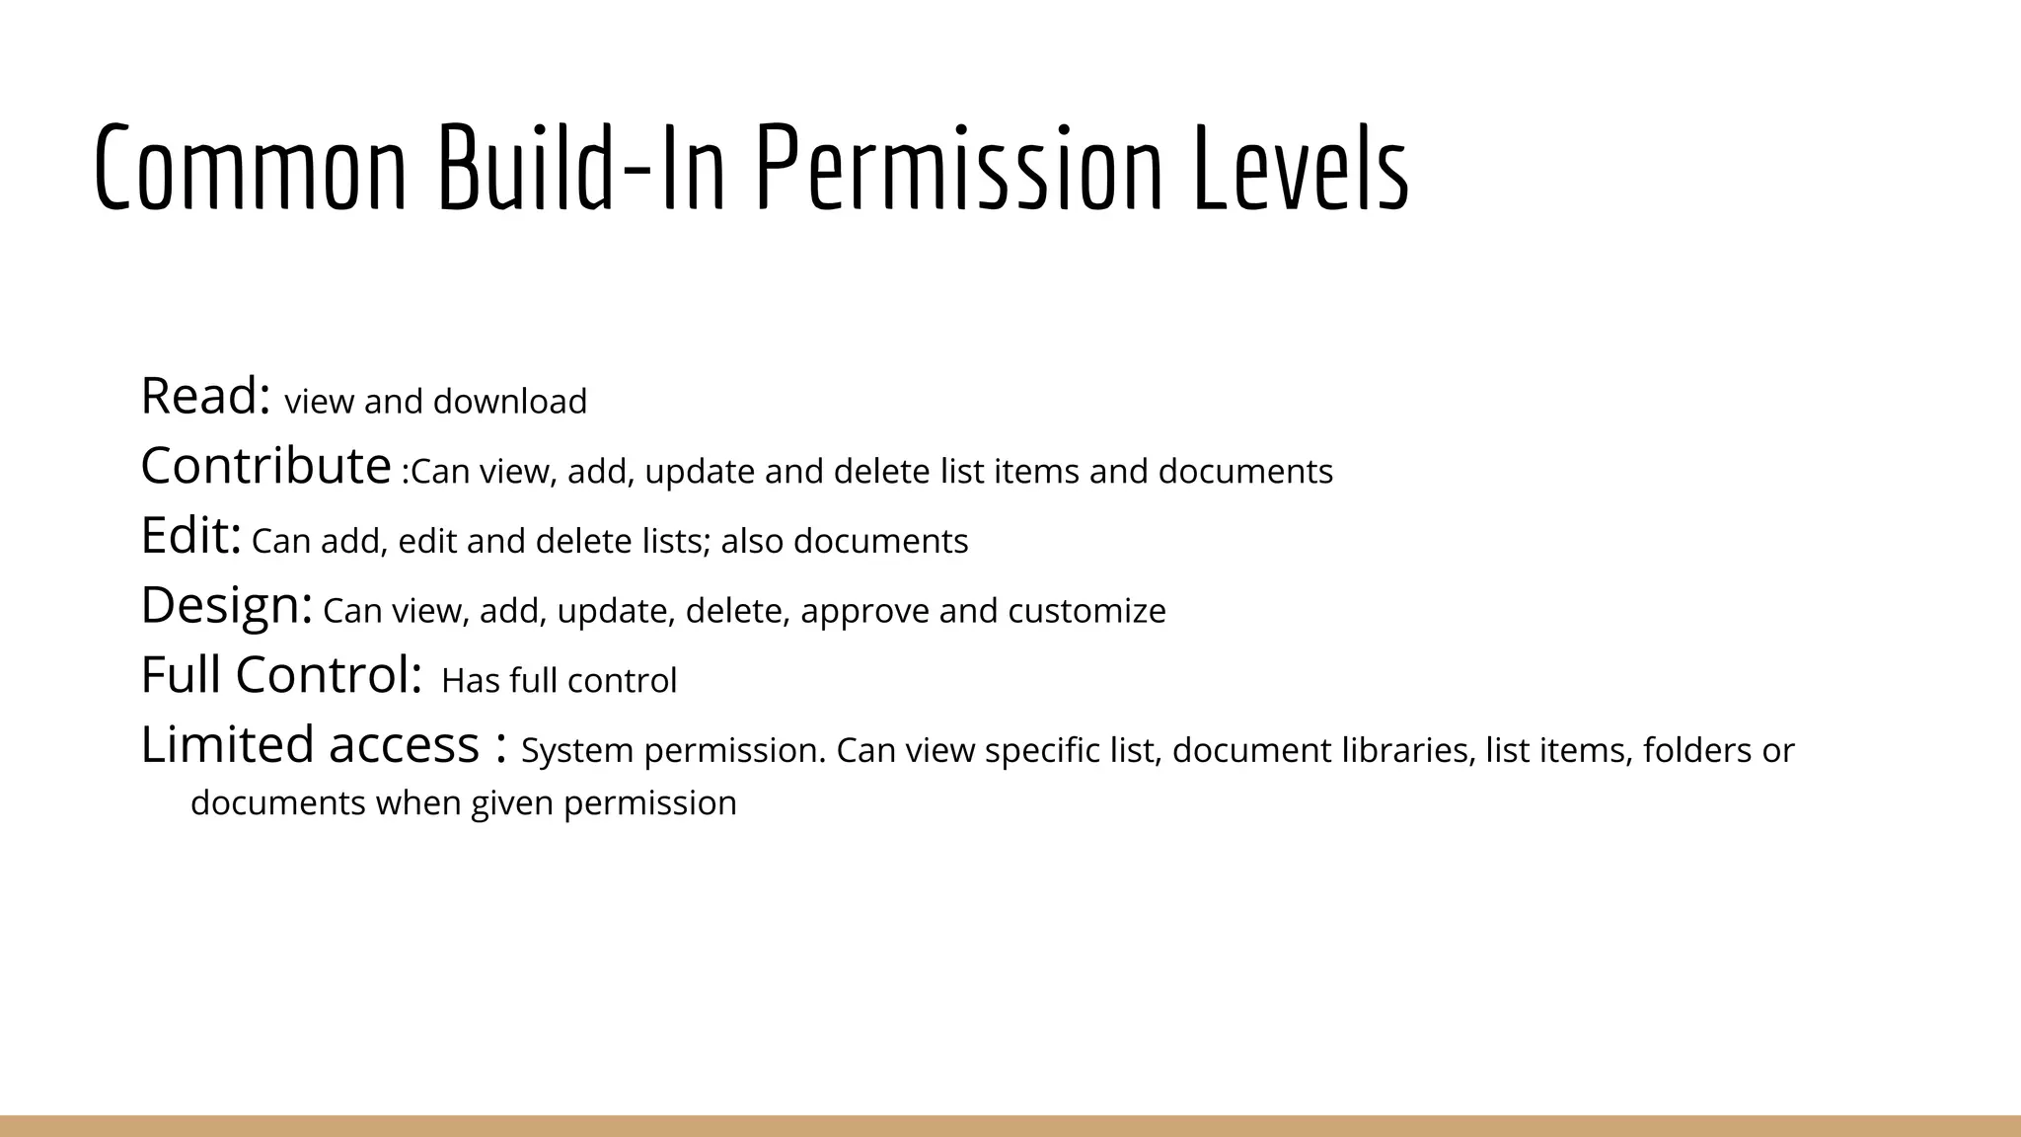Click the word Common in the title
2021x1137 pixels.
251,168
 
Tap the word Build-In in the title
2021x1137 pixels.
581,168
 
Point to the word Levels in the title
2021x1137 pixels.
1301,168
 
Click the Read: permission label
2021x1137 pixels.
205,397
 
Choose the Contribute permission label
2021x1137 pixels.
265,466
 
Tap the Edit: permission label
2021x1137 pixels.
190,536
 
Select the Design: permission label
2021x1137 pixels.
226,606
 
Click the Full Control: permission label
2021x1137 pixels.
281,675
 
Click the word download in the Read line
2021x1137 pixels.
509,402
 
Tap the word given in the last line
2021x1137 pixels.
512,803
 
